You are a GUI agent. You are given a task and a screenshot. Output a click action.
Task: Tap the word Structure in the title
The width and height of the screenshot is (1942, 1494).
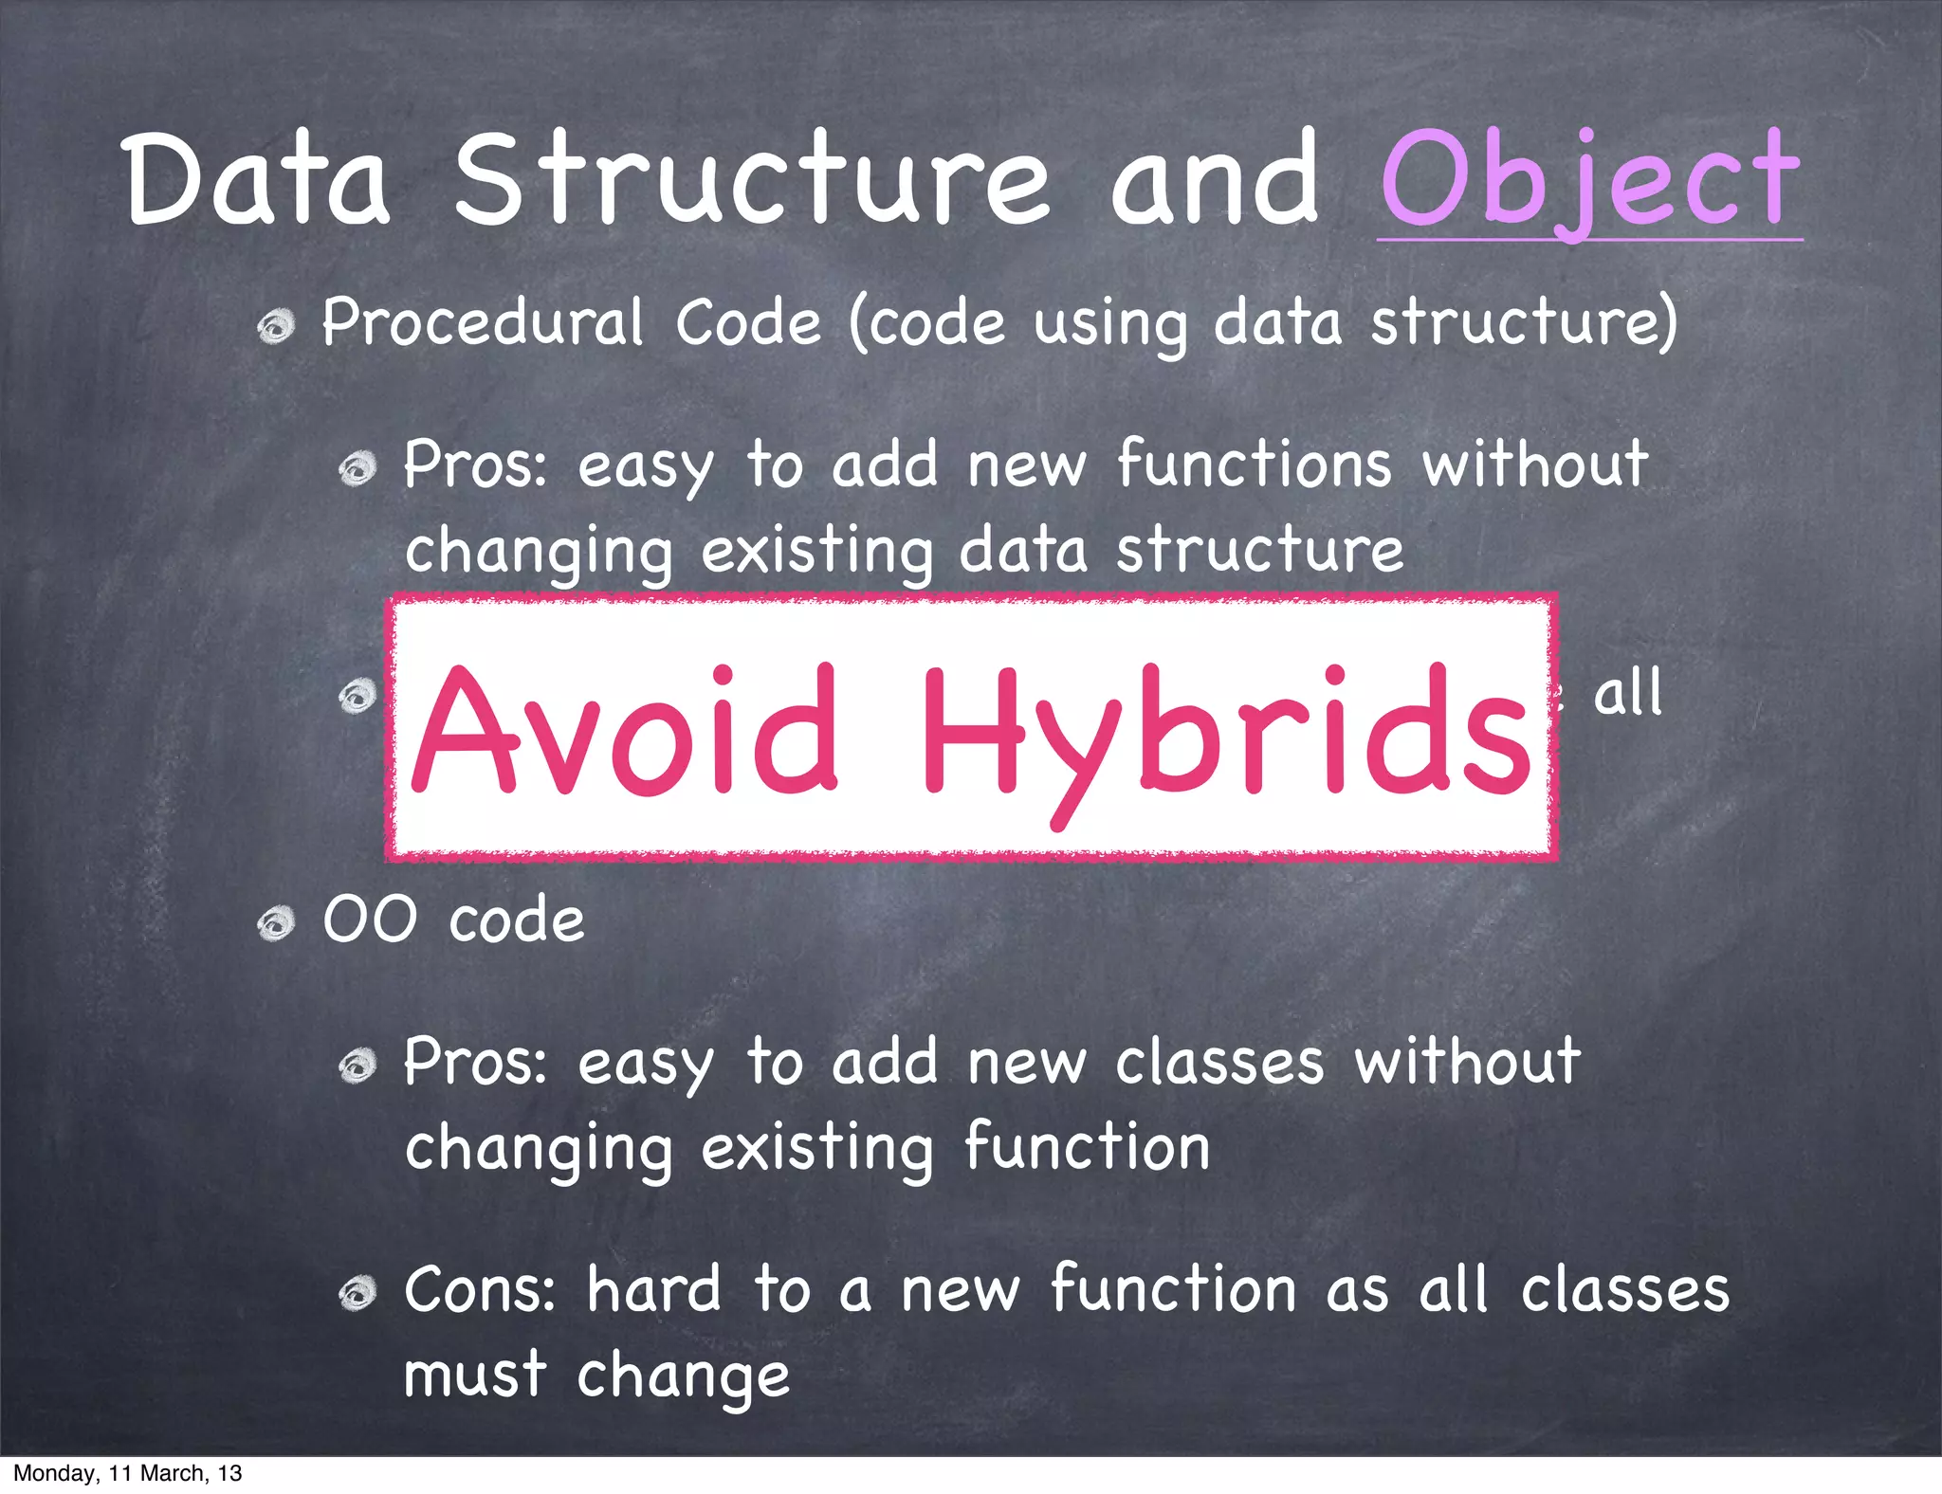751,180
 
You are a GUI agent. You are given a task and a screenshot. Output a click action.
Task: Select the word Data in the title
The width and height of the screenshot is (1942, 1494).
257,180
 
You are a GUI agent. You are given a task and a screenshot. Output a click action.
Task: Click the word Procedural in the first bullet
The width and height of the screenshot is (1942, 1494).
483,323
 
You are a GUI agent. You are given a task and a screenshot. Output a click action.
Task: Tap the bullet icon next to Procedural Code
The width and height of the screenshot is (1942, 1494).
276,328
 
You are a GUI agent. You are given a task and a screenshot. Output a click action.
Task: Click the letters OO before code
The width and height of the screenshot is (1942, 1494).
370,920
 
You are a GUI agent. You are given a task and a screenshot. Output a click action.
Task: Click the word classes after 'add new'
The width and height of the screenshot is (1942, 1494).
1219,1062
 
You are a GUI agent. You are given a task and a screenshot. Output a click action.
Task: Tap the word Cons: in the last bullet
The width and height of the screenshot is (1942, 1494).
480,1290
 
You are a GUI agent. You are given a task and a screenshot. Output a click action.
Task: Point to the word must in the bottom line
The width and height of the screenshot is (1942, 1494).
475,1376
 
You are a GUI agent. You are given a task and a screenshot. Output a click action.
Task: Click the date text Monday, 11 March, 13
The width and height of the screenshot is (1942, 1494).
127,1473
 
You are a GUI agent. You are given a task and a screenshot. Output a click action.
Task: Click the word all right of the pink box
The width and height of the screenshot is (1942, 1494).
1627,693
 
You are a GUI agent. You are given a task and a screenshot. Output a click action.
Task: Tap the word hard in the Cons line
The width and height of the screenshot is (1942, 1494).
654,1290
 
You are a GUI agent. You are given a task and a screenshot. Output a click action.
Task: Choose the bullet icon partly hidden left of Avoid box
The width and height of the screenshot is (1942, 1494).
358,697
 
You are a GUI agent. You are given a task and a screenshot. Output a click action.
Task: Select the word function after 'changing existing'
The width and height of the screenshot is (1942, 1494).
1087,1147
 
